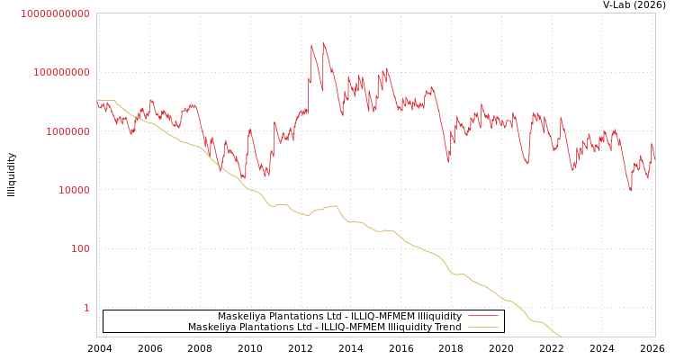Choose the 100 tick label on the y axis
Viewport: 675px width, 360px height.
coord(79,248)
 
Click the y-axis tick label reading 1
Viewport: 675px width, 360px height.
coord(86,308)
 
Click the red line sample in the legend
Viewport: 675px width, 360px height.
coord(483,317)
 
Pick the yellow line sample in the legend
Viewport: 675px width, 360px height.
coord(483,328)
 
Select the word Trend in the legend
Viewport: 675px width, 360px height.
coord(447,328)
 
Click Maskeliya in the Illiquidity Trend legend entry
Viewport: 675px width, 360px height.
coord(211,328)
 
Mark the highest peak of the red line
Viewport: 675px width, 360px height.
coord(323,42)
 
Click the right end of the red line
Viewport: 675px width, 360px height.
coord(654,158)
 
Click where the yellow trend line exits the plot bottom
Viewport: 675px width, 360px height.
coord(561,337)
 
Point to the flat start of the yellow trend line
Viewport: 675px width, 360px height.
coord(106,101)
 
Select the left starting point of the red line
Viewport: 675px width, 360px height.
coord(97,103)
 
